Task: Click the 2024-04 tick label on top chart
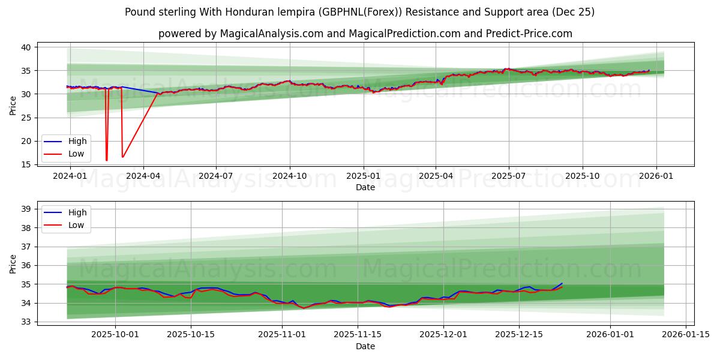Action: [x=143, y=176]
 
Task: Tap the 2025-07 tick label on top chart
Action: [x=509, y=176]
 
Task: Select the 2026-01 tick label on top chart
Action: [x=656, y=176]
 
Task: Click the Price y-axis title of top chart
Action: [x=13, y=106]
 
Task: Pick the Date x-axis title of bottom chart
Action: [x=365, y=346]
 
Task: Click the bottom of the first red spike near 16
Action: [x=107, y=160]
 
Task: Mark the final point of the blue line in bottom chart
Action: [x=562, y=283]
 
